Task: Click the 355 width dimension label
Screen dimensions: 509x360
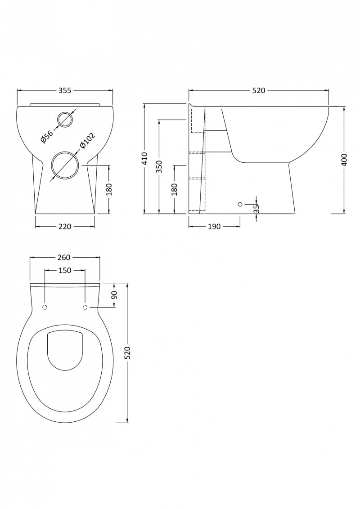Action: click(65, 90)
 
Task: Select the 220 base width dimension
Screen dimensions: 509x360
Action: click(65, 226)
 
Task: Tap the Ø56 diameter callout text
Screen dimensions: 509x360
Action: click(46, 136)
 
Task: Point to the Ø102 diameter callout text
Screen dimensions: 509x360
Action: click(86, 140)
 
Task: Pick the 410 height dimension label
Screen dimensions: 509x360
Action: click(144, 158)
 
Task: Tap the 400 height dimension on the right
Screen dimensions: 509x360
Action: click(344, 160)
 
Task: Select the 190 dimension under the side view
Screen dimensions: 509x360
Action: click(215, 226)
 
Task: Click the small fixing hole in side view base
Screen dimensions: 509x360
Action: click(240, 205)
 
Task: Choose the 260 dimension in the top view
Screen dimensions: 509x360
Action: click(64, 257)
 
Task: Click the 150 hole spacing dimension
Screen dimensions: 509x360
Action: click(65, 270)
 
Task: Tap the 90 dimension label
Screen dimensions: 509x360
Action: click(114, 295)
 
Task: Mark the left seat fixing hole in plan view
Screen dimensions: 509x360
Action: click(45, 308)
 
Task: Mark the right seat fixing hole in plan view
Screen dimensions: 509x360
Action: click(85, 308)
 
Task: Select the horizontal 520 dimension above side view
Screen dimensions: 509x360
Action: click(258, 90)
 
